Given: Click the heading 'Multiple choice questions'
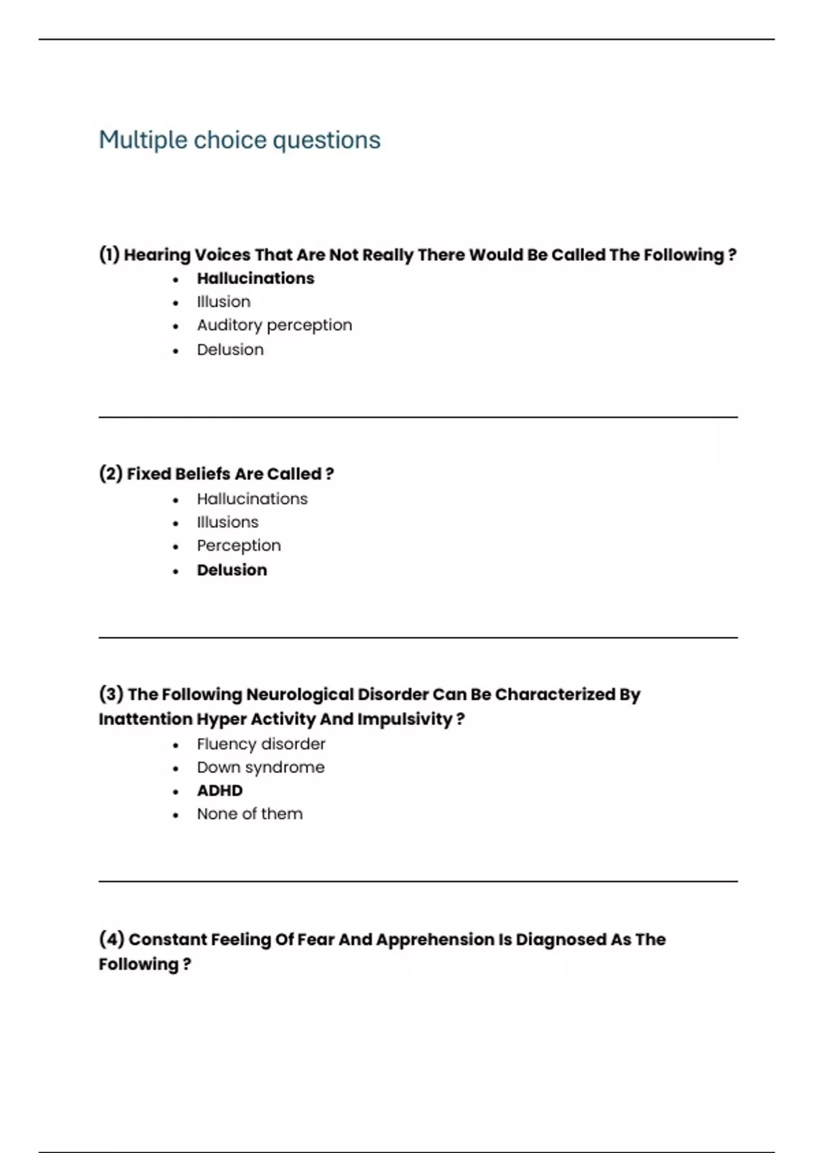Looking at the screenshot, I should pos(239,140).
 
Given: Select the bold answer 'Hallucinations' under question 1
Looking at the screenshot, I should pos(255,278).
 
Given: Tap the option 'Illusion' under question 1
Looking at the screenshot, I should pos(223,302).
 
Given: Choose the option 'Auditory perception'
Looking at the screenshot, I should pos(274,326).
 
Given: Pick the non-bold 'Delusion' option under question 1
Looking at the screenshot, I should pos(230,350).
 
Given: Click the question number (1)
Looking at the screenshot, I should pos(109,255).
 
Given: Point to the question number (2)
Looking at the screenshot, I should pos(111,473).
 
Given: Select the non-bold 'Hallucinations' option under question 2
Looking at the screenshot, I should pos(252,499).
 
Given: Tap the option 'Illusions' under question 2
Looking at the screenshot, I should pos(227,522).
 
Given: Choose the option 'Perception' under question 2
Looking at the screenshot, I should pos(238,546).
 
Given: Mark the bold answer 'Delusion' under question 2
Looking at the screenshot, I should pos(231,570).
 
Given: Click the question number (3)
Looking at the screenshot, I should pos(111,695).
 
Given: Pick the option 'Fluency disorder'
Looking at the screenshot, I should pos(260,744).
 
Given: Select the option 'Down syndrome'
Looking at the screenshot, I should pos(260,768).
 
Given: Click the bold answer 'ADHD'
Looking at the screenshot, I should pos(219,791).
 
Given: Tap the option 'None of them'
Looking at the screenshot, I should pos(249,814).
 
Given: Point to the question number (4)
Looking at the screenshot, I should pos(111,939).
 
